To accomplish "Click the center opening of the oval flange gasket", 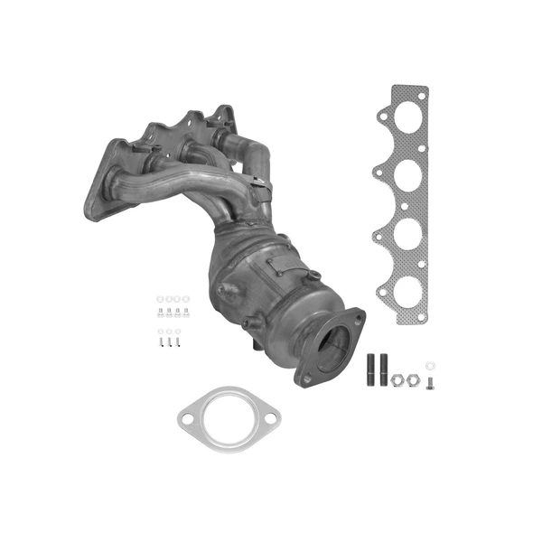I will point(223,417).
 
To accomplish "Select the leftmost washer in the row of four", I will point(151,299).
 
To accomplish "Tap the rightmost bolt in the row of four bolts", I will point(185,313).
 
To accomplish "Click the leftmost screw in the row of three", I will point(151,343).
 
